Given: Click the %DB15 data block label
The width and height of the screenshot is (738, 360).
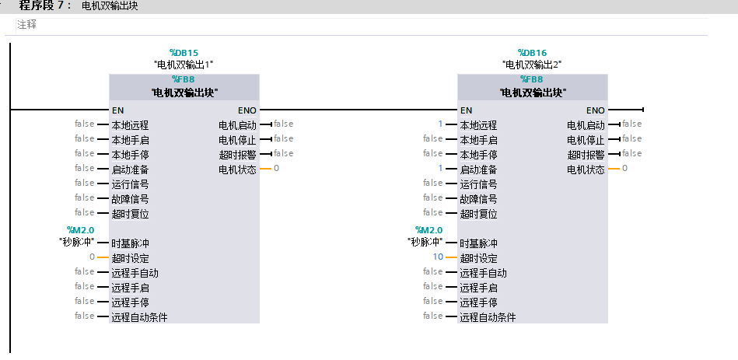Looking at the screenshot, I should (x=184, y=53).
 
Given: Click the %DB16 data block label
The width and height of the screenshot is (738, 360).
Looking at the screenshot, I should (x=532, y=53).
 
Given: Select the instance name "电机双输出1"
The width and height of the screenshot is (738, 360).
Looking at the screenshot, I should (x=184, y=64).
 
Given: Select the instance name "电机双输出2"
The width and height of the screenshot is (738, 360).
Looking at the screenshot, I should (x=532, y=64).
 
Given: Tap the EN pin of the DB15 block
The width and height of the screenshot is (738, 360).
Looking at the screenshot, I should (x=118, y=110).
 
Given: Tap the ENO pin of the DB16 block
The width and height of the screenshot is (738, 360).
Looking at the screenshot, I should (x=595, y=110).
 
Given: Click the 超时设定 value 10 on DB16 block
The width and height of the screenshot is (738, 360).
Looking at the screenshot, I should (x=438, y=257).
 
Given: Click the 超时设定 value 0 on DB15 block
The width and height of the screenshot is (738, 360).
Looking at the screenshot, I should (x=92, y=257).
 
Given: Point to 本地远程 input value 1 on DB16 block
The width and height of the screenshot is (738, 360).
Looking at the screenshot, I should (x=440, y=124).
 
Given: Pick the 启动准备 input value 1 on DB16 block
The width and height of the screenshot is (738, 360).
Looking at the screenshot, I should (x=440, y=169).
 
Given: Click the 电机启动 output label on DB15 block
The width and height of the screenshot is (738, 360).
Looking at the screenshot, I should (x=237, y=125).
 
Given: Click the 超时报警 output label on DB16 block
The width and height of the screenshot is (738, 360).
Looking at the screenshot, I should (x=586, y=155).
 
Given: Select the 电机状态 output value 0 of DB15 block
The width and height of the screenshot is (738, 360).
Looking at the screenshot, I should (x=276, y=169).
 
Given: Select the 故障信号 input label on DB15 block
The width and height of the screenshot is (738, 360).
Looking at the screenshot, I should (x=130, y=199).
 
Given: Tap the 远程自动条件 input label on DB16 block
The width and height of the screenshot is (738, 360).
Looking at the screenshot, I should (x=488, y=317).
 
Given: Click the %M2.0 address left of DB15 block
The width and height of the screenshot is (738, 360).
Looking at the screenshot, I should (x=80, y=230).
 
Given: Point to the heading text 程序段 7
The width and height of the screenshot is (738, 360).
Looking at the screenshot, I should (x=45, y=5).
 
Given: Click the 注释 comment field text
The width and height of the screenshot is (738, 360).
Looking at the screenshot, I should (x=26, y=25).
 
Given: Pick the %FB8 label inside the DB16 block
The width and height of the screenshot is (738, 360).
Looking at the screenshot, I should (x=532, y=79).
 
